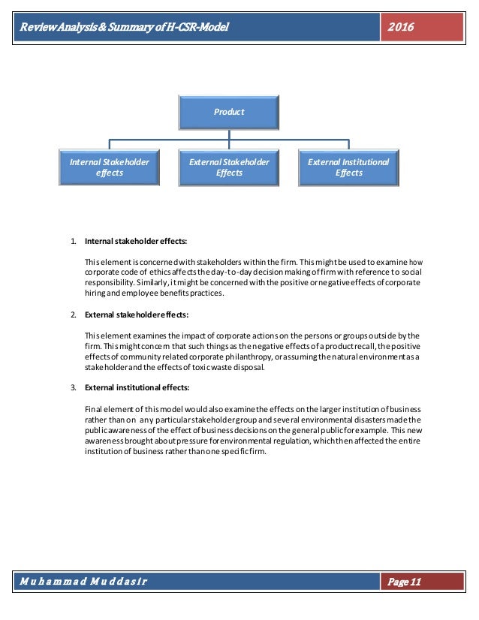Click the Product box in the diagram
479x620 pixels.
(x=229, y=113)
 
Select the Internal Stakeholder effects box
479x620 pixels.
(x=109, y=167)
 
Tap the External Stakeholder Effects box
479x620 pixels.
(x=229, y=167)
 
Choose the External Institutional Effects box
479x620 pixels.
(x=349, y=167)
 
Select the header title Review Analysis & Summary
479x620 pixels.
(x=120, y=27)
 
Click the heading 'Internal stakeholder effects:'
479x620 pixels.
(x=136, y=242)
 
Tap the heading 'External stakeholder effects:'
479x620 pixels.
(x=138, y=315)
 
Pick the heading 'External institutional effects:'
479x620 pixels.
(x=137, y=388)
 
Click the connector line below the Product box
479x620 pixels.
(x=229, y=135)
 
